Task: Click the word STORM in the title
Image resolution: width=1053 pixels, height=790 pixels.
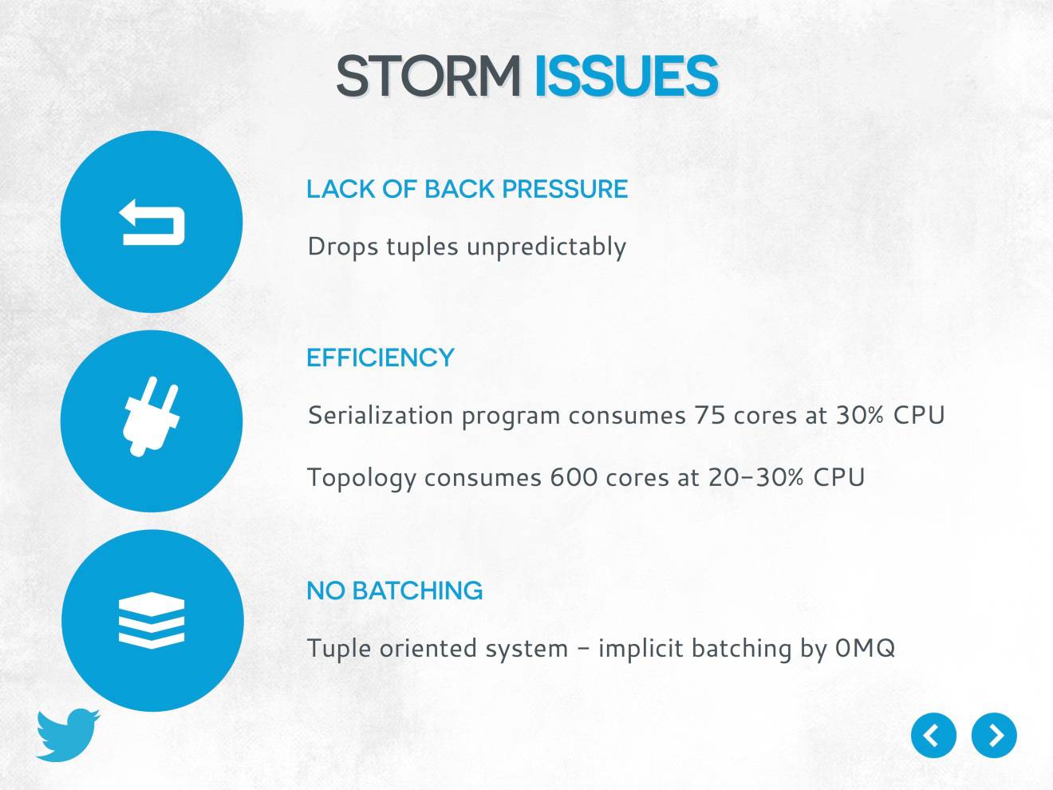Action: click(x=428, y=77)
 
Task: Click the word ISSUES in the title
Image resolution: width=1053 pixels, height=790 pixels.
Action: click(x=625, y=77)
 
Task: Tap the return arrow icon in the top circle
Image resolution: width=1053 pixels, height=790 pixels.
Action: click(x=152, y=222)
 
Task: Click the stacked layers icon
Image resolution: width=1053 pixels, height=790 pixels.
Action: click(x=152, y=621)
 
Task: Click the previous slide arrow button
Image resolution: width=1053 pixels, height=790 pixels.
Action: click(x=933, y=735)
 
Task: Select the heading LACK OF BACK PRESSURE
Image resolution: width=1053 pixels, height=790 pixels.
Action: click(x=467, y=189)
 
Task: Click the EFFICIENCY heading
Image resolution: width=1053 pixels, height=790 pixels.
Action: click(x=380, y=357)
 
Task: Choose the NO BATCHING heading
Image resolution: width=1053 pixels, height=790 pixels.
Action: click(x=394, y=591)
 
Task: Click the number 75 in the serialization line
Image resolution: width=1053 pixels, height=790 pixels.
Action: click(x=709, y=416)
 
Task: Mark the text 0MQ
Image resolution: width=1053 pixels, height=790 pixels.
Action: click(x=865, y=647)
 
